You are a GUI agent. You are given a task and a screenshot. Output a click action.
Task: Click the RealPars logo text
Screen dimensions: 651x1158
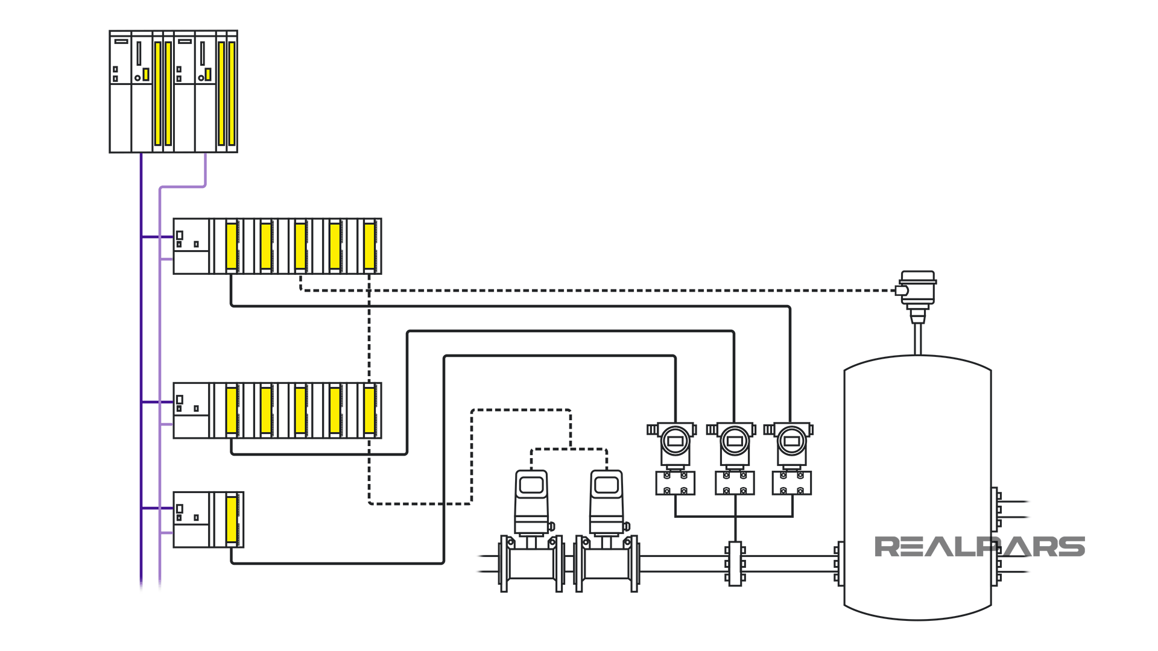(x=979, y=547)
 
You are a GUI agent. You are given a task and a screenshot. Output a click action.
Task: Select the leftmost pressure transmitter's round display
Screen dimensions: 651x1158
(x=675, y=441)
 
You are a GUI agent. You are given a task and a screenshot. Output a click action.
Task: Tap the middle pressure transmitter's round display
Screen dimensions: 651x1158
(x=735, y=441)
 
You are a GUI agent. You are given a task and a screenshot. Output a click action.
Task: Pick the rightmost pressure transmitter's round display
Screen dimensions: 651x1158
(x=791, y=441)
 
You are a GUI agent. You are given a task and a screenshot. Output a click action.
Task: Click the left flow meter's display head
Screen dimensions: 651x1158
(x=531, y=486)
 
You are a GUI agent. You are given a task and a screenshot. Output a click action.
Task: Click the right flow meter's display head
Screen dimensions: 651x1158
(x=606, y=486)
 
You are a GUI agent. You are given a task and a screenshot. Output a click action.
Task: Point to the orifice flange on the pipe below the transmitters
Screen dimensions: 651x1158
(x=735, y=564)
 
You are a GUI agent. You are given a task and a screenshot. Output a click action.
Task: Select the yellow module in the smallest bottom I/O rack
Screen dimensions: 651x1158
(x=232, y=519)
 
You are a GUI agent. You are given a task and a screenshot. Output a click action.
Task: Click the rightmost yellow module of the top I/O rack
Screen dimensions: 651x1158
(x=370, y=246)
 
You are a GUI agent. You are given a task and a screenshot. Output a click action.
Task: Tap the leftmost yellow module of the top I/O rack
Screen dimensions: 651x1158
(x=232, y=246)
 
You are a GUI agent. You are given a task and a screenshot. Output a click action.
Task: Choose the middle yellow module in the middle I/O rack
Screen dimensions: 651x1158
(x=300, y=410)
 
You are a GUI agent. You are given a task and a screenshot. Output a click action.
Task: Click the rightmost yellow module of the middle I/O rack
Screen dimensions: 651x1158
(x=370, y=410)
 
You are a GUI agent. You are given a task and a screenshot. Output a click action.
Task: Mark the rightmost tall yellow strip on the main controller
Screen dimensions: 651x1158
(x=232, y=93)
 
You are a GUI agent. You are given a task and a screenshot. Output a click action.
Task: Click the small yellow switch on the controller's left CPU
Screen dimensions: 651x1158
(x=146, y=74)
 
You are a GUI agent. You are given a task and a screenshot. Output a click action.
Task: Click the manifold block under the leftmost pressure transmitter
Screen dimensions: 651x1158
(x=675, y=483)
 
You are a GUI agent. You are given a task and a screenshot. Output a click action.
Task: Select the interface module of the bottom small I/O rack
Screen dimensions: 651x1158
(x=191, y=519)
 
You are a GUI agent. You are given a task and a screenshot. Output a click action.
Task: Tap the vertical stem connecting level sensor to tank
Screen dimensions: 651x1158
(x=917, y=339)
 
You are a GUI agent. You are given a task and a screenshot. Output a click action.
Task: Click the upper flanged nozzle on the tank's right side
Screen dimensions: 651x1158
(x=996, y=509)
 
